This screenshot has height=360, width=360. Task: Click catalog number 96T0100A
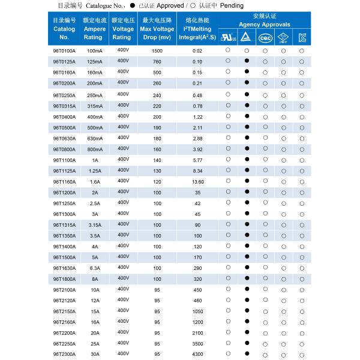coord(64,51)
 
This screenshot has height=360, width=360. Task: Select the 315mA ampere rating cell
coord(95,106)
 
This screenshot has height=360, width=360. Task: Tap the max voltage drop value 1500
coord(157,51)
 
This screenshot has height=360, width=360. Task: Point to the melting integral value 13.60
coord(197,182)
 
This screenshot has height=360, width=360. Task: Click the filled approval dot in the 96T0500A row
coord(247,127)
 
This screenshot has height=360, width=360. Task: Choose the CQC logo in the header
coord(265,37)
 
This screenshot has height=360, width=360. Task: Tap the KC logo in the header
coord(302,37)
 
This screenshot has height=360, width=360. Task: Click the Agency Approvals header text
coord(265,25)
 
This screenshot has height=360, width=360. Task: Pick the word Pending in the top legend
coord(232,5)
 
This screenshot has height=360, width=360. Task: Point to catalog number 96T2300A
coord(64,355)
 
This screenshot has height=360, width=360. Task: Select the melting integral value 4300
coord(197,355)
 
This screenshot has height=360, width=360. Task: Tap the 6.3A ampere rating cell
coord(95,268)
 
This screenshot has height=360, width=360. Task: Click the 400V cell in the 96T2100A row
coord(124,289)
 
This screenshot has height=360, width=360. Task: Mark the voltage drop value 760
coord(157,62)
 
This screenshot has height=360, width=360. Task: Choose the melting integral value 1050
coord(197,311)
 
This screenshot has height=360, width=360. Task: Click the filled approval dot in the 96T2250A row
coord(247,344)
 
